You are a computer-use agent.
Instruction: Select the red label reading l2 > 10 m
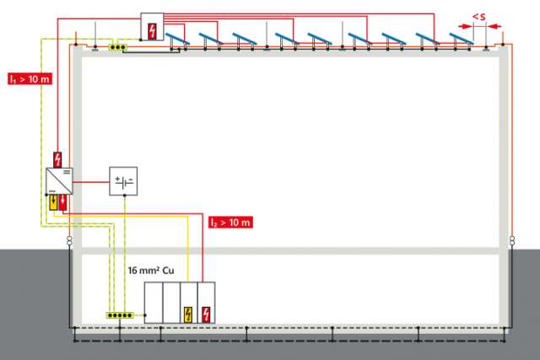[x=230, y=223]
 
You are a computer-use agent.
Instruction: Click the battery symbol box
[x=125, y=180]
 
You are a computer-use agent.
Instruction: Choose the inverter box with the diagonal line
[x=58, y=181]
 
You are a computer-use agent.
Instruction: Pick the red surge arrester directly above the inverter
[x=57, y=159]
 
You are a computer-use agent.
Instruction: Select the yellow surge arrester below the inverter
[x=51, y=204]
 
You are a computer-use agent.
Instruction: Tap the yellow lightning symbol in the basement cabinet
[x=188, y=314]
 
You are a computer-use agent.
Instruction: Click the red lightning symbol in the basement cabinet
[x=206, y=314]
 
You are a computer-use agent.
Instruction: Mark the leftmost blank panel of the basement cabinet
[x=153, y=303]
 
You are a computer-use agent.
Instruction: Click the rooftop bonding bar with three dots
[x=117, y=47]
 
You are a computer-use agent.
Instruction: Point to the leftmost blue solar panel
[x=176, y=39]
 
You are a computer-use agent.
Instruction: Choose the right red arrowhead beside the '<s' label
[x=491, y=28]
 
